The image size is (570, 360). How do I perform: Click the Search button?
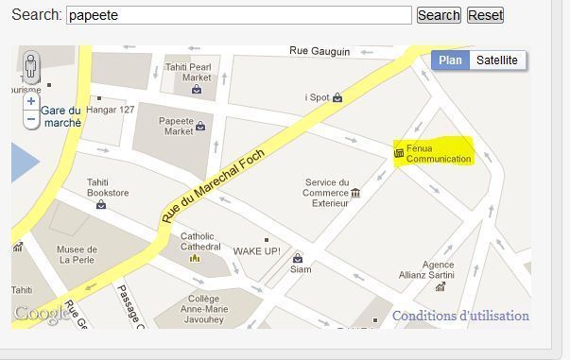point(439,15)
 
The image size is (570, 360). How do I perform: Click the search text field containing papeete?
point(239,15)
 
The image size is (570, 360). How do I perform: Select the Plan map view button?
point(451,60)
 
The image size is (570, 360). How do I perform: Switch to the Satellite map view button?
point(496,60)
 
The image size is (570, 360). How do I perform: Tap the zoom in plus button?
point(31,101)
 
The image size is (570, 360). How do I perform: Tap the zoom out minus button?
point(31,119)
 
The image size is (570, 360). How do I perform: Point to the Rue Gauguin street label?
point(320,51)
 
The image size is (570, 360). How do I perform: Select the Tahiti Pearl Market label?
point(188,72)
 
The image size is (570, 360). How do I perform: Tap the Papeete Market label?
point(177,126)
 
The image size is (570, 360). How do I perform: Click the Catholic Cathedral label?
point(198,241)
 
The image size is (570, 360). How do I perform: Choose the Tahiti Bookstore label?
point(108,187)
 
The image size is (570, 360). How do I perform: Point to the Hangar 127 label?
point(111,110)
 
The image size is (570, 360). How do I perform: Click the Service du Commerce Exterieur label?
point(325,193)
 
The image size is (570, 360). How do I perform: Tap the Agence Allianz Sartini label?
point(438,270)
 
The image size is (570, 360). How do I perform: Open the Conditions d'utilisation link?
point(460,316)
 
